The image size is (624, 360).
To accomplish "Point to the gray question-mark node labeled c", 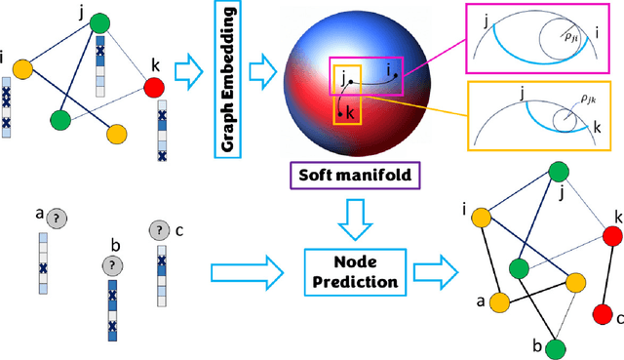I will point(159,230).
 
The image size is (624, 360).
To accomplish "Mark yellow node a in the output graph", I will point(498,302).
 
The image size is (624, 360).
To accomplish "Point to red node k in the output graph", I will point(611,236).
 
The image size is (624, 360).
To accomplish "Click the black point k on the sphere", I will point(340,114).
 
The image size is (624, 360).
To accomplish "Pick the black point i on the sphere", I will point(395,77).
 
